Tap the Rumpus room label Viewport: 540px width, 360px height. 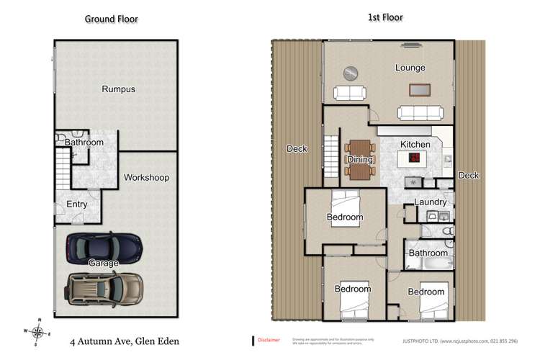click(118, 89)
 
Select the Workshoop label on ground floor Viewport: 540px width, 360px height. click(147, 177)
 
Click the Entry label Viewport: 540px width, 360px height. click(77, 204)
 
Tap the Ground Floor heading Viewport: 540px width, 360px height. click(112, 19)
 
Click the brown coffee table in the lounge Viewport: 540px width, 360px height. click(419, 90)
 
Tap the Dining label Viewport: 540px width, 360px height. click(360, 159)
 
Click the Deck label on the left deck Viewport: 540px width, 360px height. click(297, 149)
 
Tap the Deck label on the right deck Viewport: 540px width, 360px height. click(468, 175)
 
